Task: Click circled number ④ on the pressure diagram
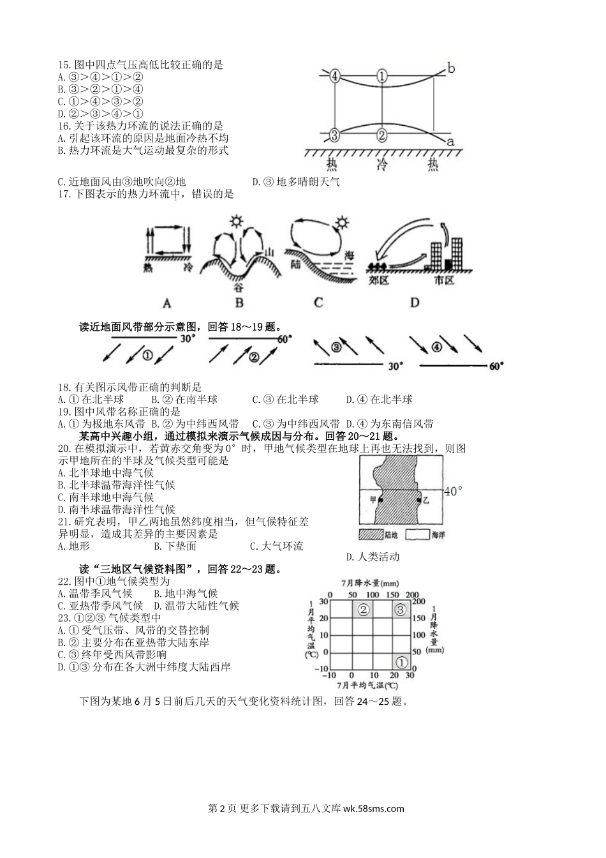336,76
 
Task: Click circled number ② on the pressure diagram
381,135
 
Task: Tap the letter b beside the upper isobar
451,68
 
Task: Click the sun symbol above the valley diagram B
237,222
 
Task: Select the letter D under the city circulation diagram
415,302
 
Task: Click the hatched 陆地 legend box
370,534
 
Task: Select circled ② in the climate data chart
364,610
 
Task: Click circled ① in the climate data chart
402,662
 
